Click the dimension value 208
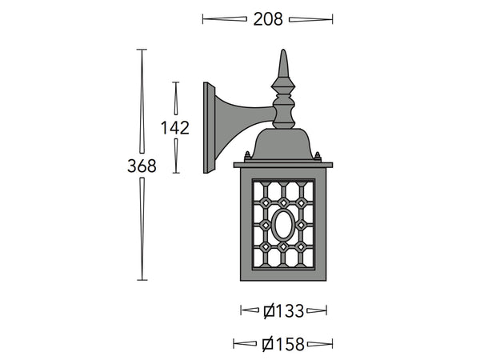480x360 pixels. pos(268,19)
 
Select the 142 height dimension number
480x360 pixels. pos(174,128)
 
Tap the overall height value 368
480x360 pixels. pos(142,166)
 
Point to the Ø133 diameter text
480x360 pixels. pos(284,310)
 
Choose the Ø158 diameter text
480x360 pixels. pos(284,345)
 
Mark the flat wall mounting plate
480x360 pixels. pos(210,128)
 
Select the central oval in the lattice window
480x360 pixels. pos(283,225)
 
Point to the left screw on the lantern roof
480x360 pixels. pos(247,157)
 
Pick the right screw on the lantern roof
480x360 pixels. pos(318,157)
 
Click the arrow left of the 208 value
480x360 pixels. pos(225,19)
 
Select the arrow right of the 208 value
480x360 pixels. pos(310,19)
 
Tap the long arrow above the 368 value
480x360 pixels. pos(142,101)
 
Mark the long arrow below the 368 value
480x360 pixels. pos(142,228)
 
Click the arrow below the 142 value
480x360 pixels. pos(176,155)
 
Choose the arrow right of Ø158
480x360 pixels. pos(320,345)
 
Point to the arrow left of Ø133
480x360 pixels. pos(252,310)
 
